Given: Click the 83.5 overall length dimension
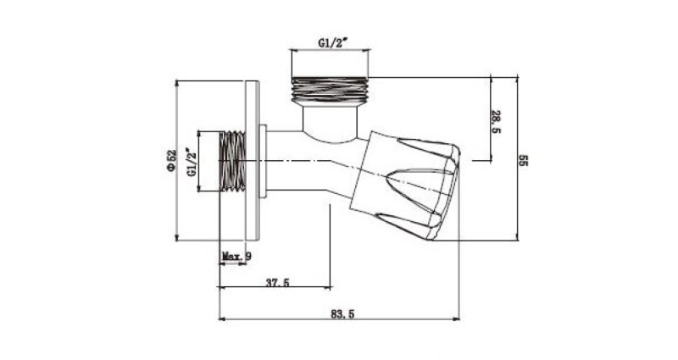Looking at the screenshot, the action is click(342, 313).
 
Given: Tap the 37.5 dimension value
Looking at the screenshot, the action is click(278, 283).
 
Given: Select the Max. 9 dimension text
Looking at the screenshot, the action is click(236, 257).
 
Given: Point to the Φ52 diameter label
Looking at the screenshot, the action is click(172, 161).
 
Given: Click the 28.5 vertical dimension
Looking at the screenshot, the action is click(496, 122).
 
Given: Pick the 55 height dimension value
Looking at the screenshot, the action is click(523, 160).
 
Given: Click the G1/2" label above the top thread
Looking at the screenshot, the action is click(333, 43).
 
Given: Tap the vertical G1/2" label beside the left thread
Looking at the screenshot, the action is click(192, 162).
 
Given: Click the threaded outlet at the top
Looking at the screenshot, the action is click(330, 91).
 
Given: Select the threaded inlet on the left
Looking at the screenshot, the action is click(232, 161).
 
